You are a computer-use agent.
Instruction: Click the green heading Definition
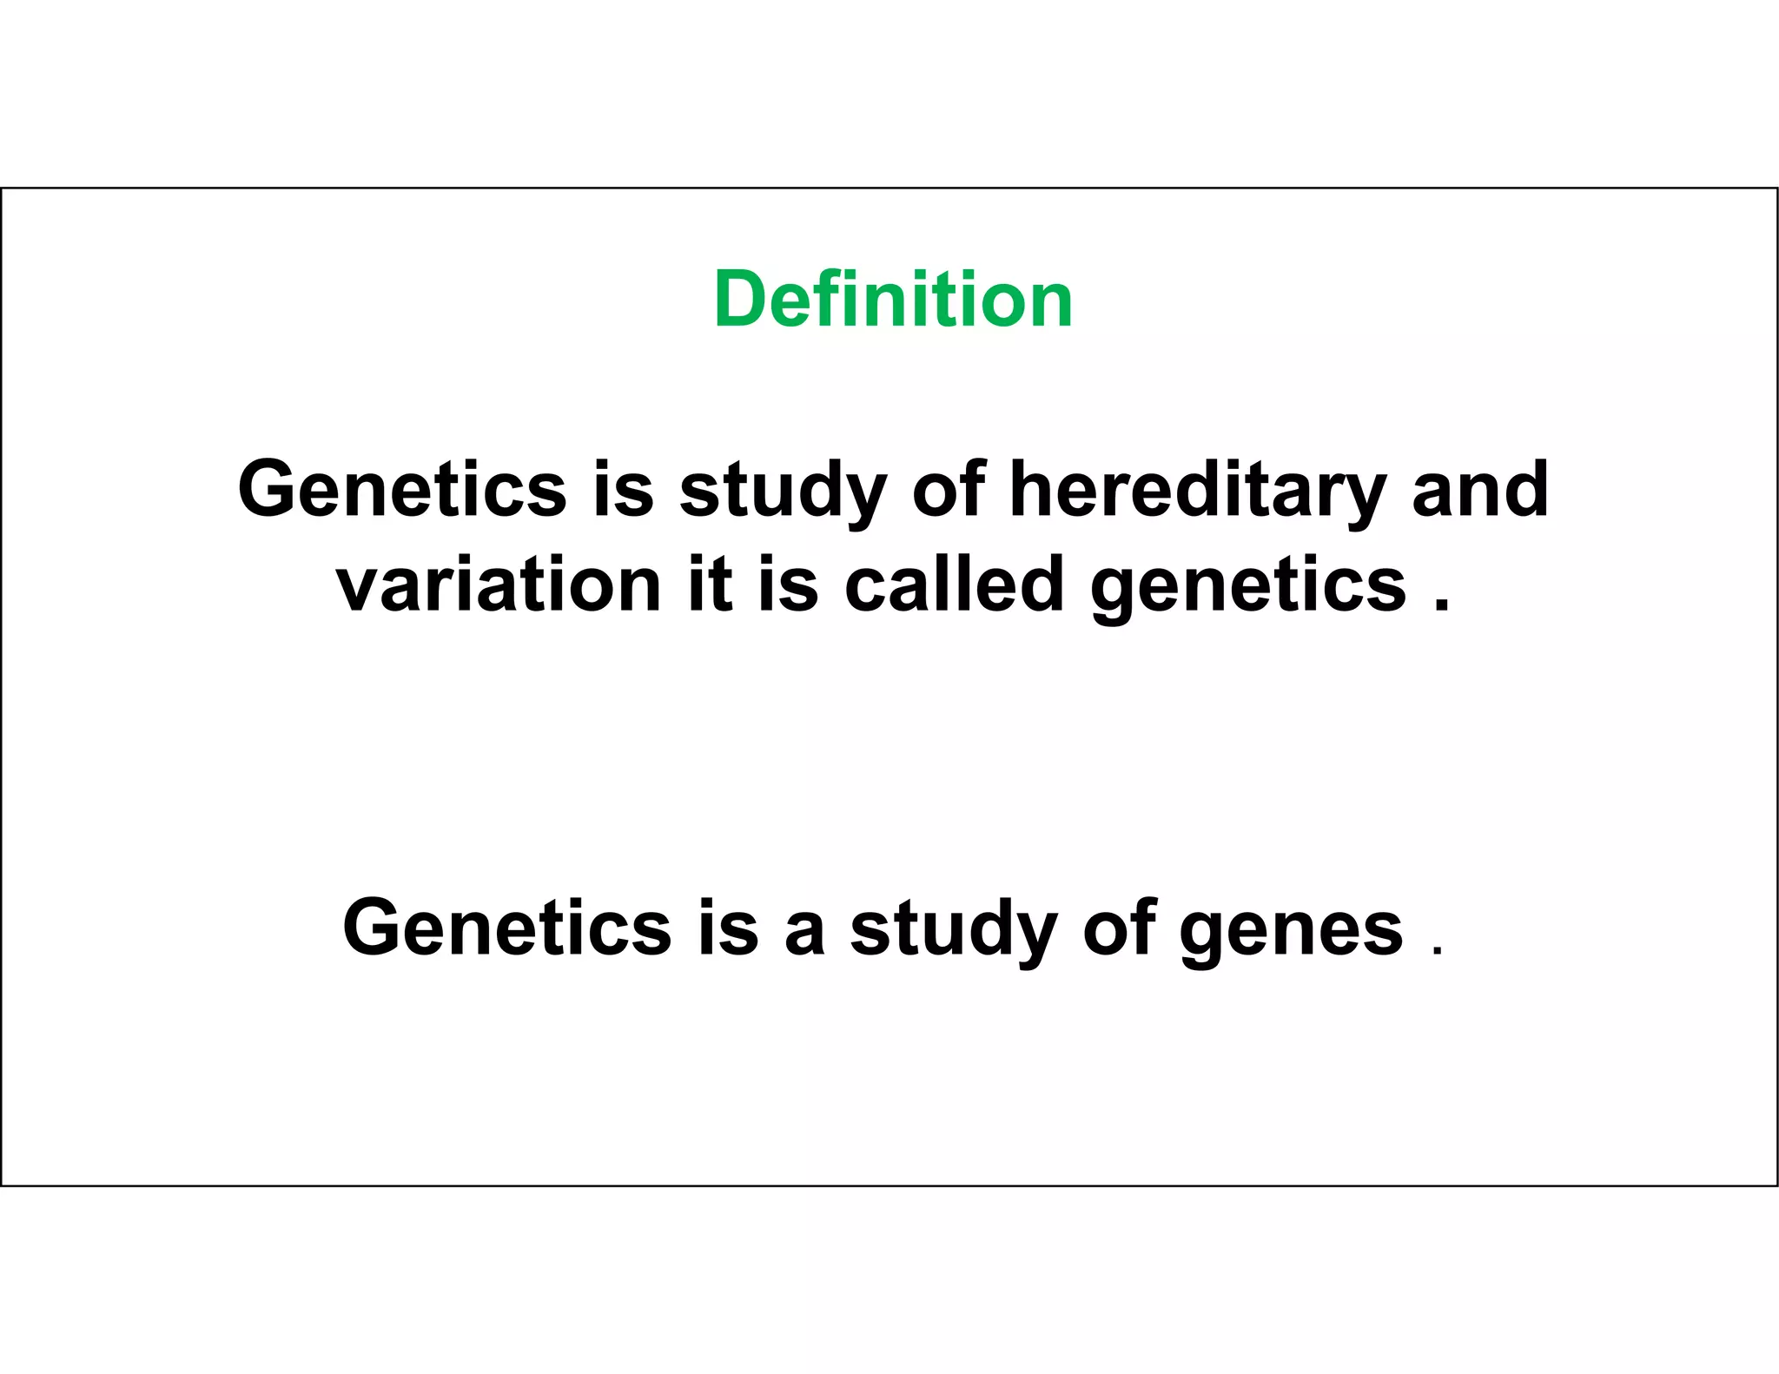click(x=893, y=300)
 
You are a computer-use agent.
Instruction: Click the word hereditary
click(x=1197, y=490)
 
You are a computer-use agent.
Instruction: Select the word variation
click(x=499, y=585)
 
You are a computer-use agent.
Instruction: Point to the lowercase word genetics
click(x=1247, y=587)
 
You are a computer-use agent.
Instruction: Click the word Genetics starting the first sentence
click(x=401, y=489)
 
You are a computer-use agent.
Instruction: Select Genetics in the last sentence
click(x=506, y=928)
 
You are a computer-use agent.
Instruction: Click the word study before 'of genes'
click(x=953, y=930)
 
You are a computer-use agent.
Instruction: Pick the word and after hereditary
click(x=1480, y=490)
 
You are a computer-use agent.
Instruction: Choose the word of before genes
click(x=1119, y=928)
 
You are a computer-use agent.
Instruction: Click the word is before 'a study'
click(x=728, y=928)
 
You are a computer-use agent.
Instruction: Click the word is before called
click(x=788, y=584)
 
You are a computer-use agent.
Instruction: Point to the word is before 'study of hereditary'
click(x=623, y=489)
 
